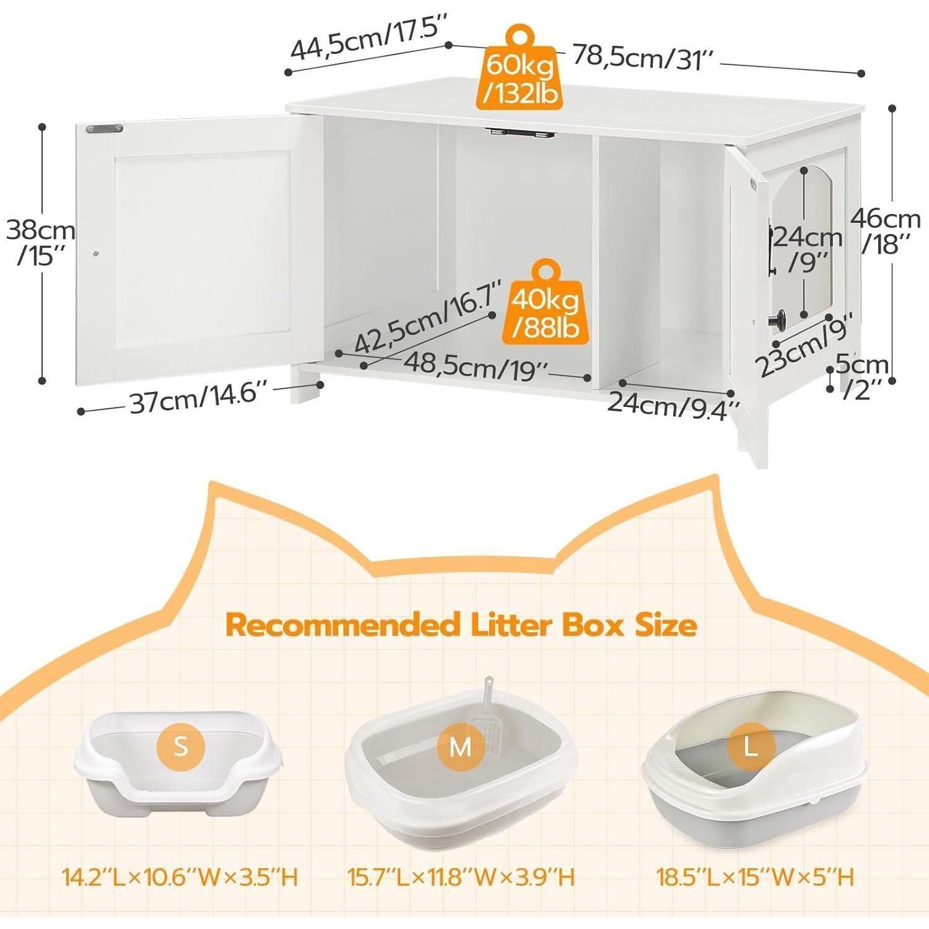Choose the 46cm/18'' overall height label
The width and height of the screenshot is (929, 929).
[x=886, y=232]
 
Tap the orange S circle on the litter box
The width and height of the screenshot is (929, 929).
[x=180, y=746]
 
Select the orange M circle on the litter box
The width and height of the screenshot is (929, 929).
[x=460, y=748]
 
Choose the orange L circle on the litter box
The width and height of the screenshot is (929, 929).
[x=751, y=748]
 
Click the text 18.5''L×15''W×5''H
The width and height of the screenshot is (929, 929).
[x=755, y=877]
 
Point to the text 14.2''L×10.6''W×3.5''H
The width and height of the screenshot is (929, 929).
[x=180, y=877]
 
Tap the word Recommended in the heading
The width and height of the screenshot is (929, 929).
[x=342, y=626]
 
